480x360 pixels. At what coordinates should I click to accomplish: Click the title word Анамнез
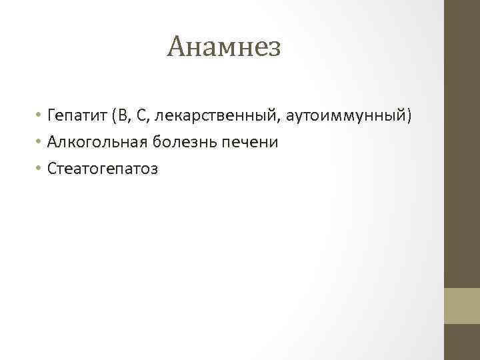tap(225, 47)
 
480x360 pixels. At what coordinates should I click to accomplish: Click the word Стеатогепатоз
tap(103, 169)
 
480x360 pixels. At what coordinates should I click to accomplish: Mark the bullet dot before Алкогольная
tap(40, 143)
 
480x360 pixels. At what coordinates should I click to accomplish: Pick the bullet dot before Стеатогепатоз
tap(40, 169)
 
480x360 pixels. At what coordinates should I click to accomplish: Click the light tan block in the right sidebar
tap(462, 306)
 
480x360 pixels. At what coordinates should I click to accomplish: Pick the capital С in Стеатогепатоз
tap(52, 169)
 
